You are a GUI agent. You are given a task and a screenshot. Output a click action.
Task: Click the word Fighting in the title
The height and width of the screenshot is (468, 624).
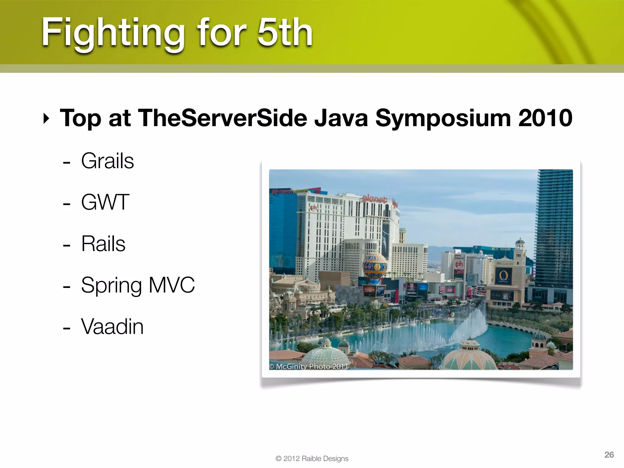[x=113, y=33]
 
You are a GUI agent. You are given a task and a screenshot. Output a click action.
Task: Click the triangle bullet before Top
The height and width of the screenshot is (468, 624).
[x=46, y=118]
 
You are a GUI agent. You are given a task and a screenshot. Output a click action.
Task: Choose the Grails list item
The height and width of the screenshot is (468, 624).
[x=107, y=161]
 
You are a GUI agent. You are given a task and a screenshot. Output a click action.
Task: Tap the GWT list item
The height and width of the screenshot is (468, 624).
[x=105, y=202]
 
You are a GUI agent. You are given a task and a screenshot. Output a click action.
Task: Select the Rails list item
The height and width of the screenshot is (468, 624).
[x=103, y=244]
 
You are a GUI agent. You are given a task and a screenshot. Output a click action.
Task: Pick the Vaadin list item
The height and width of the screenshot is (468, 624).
[x=112, y=327]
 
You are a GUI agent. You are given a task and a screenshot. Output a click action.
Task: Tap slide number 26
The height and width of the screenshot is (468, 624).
[x=609, y=455]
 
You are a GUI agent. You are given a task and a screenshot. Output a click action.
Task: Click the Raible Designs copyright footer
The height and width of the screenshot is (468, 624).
[x=312, y=459]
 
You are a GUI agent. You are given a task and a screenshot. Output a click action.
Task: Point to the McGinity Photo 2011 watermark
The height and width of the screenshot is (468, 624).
[x=308, y=366]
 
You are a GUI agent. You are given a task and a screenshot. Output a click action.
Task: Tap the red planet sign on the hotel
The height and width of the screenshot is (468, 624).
[x=374, y=199]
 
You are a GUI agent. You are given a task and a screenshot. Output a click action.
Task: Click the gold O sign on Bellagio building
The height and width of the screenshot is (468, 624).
[x=503, y=276]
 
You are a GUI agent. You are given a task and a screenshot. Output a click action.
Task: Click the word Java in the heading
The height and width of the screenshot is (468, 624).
[x=341, y=118]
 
